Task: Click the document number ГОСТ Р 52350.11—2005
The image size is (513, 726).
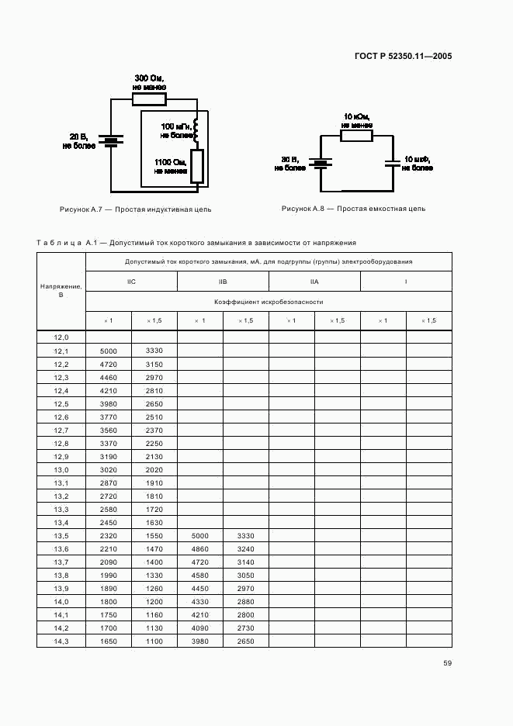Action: tap(404, 56)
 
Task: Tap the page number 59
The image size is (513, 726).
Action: tap(448, 662)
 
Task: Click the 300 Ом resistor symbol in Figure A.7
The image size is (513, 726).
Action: tap(148, 99)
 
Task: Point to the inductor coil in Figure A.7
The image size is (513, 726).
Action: tap(196, 130)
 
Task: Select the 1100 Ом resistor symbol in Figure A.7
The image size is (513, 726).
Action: tap(196, 166)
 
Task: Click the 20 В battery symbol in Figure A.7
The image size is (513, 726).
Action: tap(112, 140)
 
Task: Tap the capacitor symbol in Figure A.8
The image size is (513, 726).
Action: tap(393, 163)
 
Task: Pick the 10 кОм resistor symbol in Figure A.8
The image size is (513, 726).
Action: tap(358, 136)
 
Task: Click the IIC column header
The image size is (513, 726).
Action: tap(131, 282)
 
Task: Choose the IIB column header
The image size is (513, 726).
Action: tap(223, 282)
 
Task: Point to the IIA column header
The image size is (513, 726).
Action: tap(314, 282)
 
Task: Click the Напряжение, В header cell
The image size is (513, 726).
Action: tap(61, 292)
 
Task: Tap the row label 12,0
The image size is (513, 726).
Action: tap(61, 337)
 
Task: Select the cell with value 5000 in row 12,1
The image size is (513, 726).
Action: tap(109, 351)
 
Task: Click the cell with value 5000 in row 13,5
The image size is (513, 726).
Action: tap(199, 536)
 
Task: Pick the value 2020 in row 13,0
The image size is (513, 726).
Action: tap(154, 470)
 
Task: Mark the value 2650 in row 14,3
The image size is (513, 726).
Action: tap(245, 641)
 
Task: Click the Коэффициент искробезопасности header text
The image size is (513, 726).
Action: tap(269, 302)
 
